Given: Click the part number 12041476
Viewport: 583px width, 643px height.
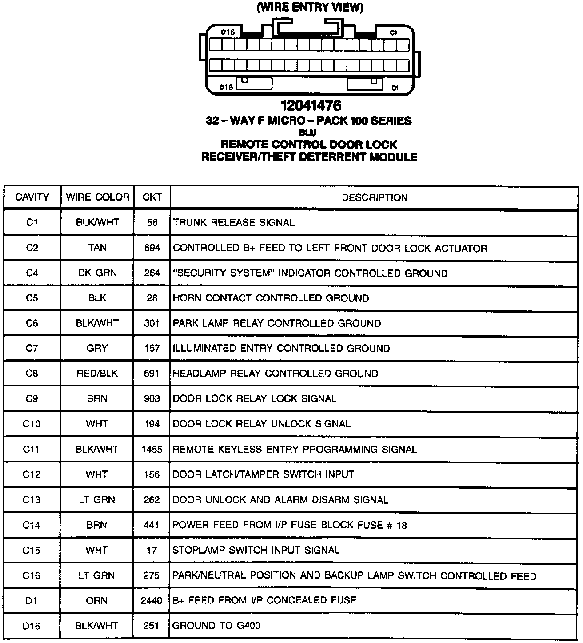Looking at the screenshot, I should tap(311, 105).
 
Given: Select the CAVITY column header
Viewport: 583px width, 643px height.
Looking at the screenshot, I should tap(32, 197).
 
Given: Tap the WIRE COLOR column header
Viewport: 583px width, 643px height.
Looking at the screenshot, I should tap(97, 197).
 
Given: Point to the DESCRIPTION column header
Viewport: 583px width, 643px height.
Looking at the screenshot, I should tap(375, 197).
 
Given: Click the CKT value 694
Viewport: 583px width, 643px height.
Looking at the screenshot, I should tap(152, 248).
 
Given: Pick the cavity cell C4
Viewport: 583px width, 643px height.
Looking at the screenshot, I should tap(32, 273).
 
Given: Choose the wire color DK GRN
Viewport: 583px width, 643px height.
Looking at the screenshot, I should tap(97, 273).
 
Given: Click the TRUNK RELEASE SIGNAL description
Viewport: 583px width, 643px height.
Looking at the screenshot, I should tap(234, 222).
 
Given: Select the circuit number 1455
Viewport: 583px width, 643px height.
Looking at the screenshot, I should tap(152, 449).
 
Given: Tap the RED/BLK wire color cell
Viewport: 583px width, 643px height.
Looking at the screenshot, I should tap(97, 374).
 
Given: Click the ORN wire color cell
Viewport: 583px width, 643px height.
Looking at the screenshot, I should tap(97, 600).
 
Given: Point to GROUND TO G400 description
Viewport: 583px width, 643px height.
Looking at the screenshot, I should tap(216, 626).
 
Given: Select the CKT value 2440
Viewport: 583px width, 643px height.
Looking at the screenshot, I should tap(152, 600).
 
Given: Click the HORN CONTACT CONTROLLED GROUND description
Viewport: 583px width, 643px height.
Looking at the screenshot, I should tap(271, 298).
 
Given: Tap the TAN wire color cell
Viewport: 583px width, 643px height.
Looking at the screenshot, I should tap(97, 248).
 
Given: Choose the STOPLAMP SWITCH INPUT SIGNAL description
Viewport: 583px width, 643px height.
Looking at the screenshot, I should tap(256, 550).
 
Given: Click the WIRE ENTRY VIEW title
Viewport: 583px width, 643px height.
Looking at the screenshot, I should tap(310, 8).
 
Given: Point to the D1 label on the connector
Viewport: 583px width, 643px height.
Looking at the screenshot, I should tap(395, 88).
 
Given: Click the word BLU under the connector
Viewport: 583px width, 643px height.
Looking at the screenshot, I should tap(307, 132).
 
